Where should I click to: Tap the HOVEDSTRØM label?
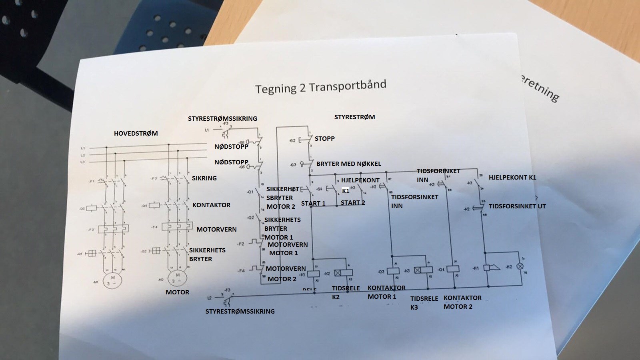click(136, 133)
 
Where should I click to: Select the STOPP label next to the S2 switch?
click(324, 138)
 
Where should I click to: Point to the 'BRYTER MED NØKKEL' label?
click(348, 164)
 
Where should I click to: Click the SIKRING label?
click(204, 178)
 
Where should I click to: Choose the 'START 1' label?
click(313, 203)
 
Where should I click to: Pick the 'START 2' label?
click(353, 202)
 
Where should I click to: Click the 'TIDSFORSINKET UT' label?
click(517, 206)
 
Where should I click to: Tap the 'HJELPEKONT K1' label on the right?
click(512, 177)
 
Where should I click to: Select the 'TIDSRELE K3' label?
click(424, 303)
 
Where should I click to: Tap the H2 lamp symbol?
click(520, 266)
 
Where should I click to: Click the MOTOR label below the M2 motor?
click(177, 292)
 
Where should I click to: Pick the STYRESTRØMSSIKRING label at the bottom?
click(240, 311)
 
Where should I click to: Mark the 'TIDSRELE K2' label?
click(346, 292)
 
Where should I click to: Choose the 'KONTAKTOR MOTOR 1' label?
click(386, 292)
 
